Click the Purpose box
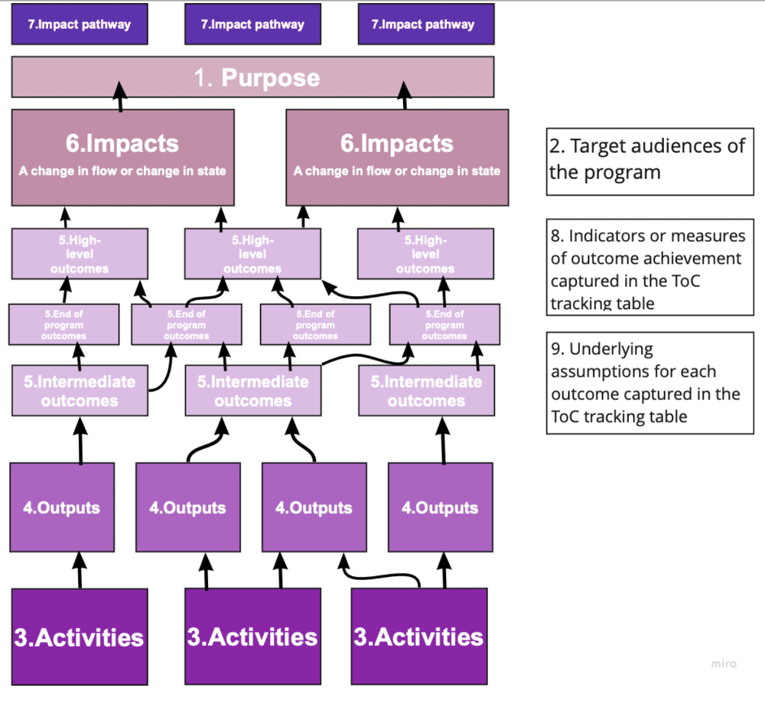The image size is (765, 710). click(x=252, y=77)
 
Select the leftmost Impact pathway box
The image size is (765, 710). click(x=80, y=24)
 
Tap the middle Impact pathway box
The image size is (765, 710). click(x=252, y=24)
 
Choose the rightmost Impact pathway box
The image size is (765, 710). click(x=426, y=24)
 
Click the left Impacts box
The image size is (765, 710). click(x=122, y=157)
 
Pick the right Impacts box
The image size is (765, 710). click(x=397, y=157)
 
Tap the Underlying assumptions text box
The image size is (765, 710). click(x=650, y=383)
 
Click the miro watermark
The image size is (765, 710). click(x=723, y=663)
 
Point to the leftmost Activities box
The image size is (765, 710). click(x=80, y=637)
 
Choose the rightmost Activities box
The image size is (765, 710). click(x=419, y=637)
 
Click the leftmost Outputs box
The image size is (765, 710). click(x=62, y=507)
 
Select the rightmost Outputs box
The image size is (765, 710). click(x=440, y=507)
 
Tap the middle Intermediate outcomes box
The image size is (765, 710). click(x=252, y=390)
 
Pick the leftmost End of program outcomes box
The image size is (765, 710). click(x=63, y=325)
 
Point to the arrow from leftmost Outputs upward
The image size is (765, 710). click(x=80, y=440)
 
